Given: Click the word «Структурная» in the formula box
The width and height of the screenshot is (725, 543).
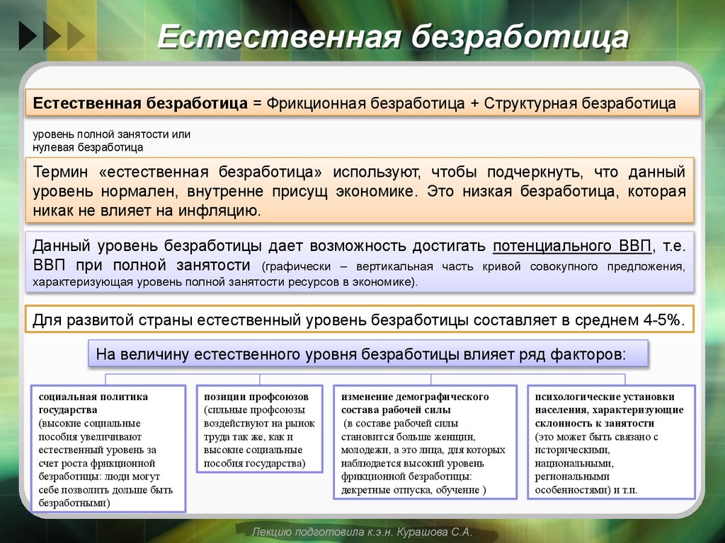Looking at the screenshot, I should [x=531, y=104].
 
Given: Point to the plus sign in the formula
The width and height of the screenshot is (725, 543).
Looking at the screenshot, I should [x=473, y=104].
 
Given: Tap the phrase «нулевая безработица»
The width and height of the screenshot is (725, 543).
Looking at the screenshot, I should [x=88, y=148].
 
